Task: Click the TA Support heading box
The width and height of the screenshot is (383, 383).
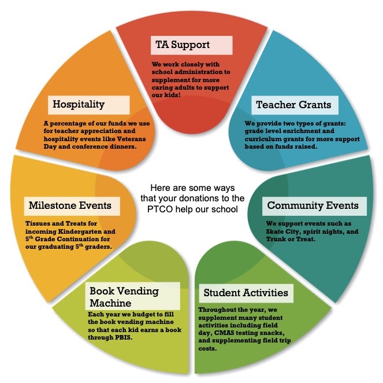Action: click(x=191, y=45)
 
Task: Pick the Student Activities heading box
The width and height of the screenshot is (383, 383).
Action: click(x=245, y=292)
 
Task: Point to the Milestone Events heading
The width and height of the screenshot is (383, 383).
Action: click(x=69, y=205)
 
